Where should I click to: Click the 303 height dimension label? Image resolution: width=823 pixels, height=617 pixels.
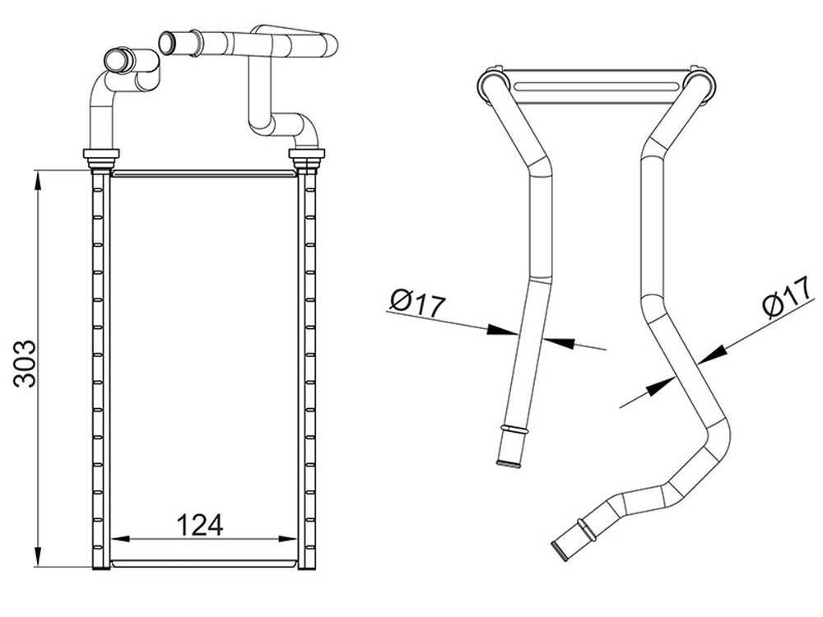(26, 364)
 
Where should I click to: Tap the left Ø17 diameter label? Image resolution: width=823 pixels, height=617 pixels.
(418, 304)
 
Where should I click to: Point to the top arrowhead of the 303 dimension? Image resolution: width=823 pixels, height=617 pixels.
(37, 181)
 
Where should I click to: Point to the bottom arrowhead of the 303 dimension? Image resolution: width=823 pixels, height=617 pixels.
(37, 555)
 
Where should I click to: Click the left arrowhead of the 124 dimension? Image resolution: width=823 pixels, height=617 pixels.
(121, 538)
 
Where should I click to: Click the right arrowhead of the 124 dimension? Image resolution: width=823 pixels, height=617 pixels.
(287, 538)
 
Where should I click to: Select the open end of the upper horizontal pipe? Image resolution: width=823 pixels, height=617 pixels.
(166, 43)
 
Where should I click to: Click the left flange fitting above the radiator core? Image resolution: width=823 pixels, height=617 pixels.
(101, 156)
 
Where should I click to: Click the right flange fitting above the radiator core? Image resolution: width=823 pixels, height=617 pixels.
(307, 156)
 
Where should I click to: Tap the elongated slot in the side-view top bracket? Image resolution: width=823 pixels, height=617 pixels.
(596, 86)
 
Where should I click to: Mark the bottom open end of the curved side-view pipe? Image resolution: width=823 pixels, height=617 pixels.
(560, 551)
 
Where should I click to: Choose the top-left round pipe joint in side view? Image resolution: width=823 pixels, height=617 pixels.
(492, 85)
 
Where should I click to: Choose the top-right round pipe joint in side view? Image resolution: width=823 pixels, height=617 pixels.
(699, 85)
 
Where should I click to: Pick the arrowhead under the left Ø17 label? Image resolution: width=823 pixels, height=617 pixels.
(502, 330)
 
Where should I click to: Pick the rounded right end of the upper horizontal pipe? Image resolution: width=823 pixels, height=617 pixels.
(331, 45)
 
